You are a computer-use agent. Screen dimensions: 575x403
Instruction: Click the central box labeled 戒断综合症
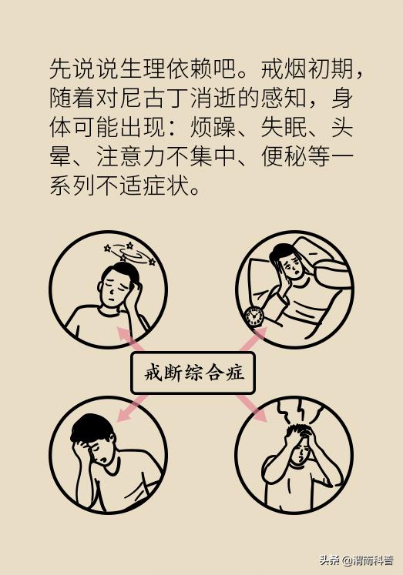(193, 373)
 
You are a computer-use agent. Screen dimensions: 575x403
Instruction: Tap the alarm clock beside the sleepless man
(253, 316)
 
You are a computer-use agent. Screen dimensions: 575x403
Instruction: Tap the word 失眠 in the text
(276, 129)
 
